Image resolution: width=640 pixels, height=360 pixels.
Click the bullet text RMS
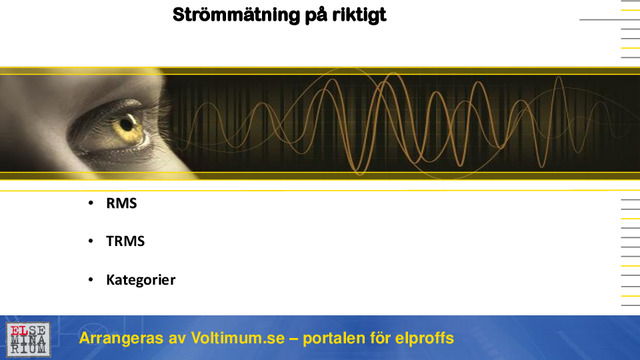[121, 203]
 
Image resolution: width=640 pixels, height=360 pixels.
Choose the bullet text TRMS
[125, 241]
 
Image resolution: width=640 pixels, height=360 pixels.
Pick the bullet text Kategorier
[141, 279]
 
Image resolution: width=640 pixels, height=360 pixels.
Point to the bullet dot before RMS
[91, 204]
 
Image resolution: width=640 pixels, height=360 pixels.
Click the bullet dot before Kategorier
[91, 280]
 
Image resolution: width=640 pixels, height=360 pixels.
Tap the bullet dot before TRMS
[91, 242]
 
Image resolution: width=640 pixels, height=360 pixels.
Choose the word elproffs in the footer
[426, 338]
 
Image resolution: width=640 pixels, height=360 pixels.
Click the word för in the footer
[385, 338]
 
